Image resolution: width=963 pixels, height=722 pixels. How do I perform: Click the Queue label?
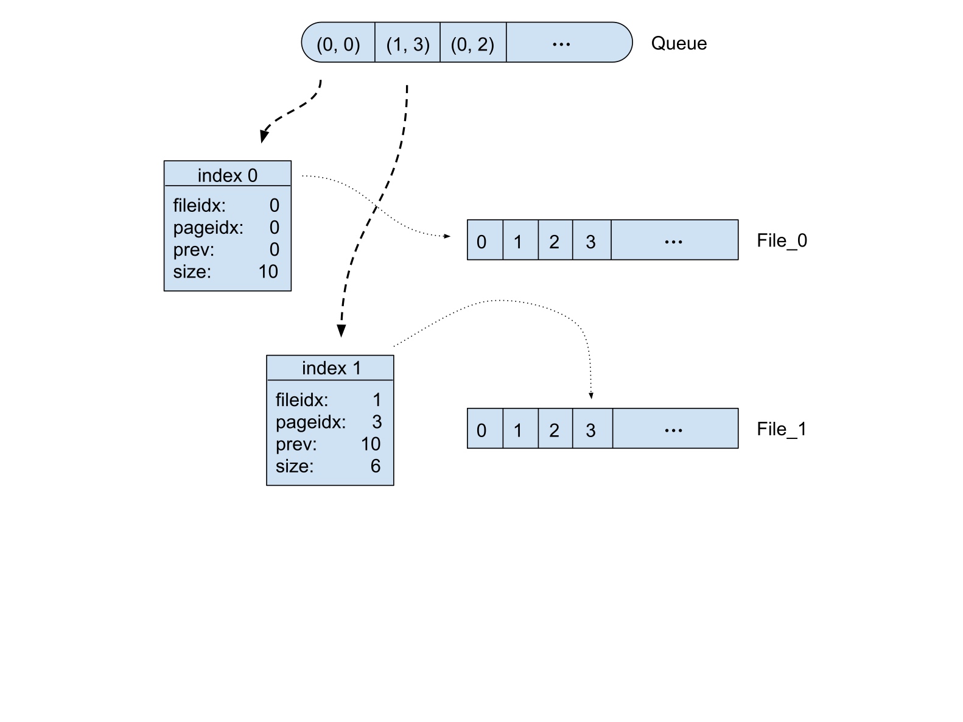679,43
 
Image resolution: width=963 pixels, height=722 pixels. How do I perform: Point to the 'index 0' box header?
227,175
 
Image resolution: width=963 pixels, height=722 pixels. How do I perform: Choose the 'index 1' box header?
331,368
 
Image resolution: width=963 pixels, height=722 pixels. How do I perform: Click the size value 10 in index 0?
268,272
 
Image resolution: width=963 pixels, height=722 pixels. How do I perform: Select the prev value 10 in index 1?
370,444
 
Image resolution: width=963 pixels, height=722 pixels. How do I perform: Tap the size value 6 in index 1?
376,466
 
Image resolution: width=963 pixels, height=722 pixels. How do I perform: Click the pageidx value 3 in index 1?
377,421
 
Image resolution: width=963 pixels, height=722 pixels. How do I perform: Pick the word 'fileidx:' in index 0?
199,206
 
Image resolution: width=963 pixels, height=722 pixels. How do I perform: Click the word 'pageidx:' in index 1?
310,421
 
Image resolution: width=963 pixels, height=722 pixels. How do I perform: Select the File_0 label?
782,240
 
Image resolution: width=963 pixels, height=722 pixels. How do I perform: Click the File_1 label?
782,429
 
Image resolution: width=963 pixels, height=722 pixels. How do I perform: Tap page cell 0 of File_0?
482,241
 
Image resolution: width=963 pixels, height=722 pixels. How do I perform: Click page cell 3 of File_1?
591,430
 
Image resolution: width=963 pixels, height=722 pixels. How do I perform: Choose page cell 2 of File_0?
555,241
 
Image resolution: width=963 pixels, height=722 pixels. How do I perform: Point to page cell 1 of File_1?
518,430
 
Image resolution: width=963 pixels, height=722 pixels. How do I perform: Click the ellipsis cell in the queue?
561,43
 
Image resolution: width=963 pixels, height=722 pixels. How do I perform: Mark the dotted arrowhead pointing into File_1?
591,396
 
